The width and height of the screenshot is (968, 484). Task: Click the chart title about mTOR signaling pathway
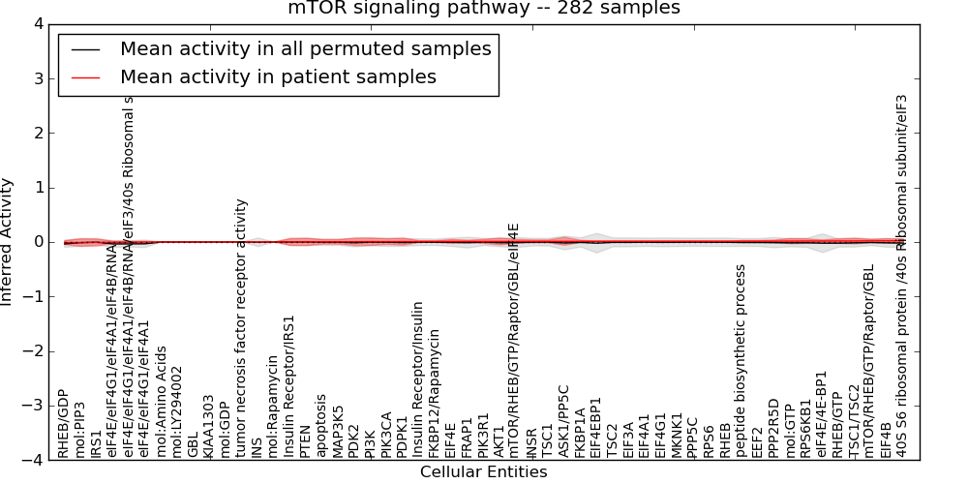[x=483, y=9]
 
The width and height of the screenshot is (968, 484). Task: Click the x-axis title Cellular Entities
[x=483, y=472]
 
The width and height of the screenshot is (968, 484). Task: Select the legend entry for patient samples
[x=278, y=76]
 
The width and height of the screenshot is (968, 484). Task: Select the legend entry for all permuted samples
[x=305, y=49]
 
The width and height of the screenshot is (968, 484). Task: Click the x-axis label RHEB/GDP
[x=64, y=423]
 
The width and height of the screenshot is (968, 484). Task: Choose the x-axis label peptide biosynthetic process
[x=741, y=360]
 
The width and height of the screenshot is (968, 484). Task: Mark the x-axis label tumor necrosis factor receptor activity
[x=241, y=328]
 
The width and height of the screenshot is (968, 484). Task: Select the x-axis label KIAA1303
[x=209, y=426]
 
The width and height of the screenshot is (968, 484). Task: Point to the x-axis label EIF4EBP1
[x=596, y=427]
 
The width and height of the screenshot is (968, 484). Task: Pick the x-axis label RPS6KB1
[x=805, y=427]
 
